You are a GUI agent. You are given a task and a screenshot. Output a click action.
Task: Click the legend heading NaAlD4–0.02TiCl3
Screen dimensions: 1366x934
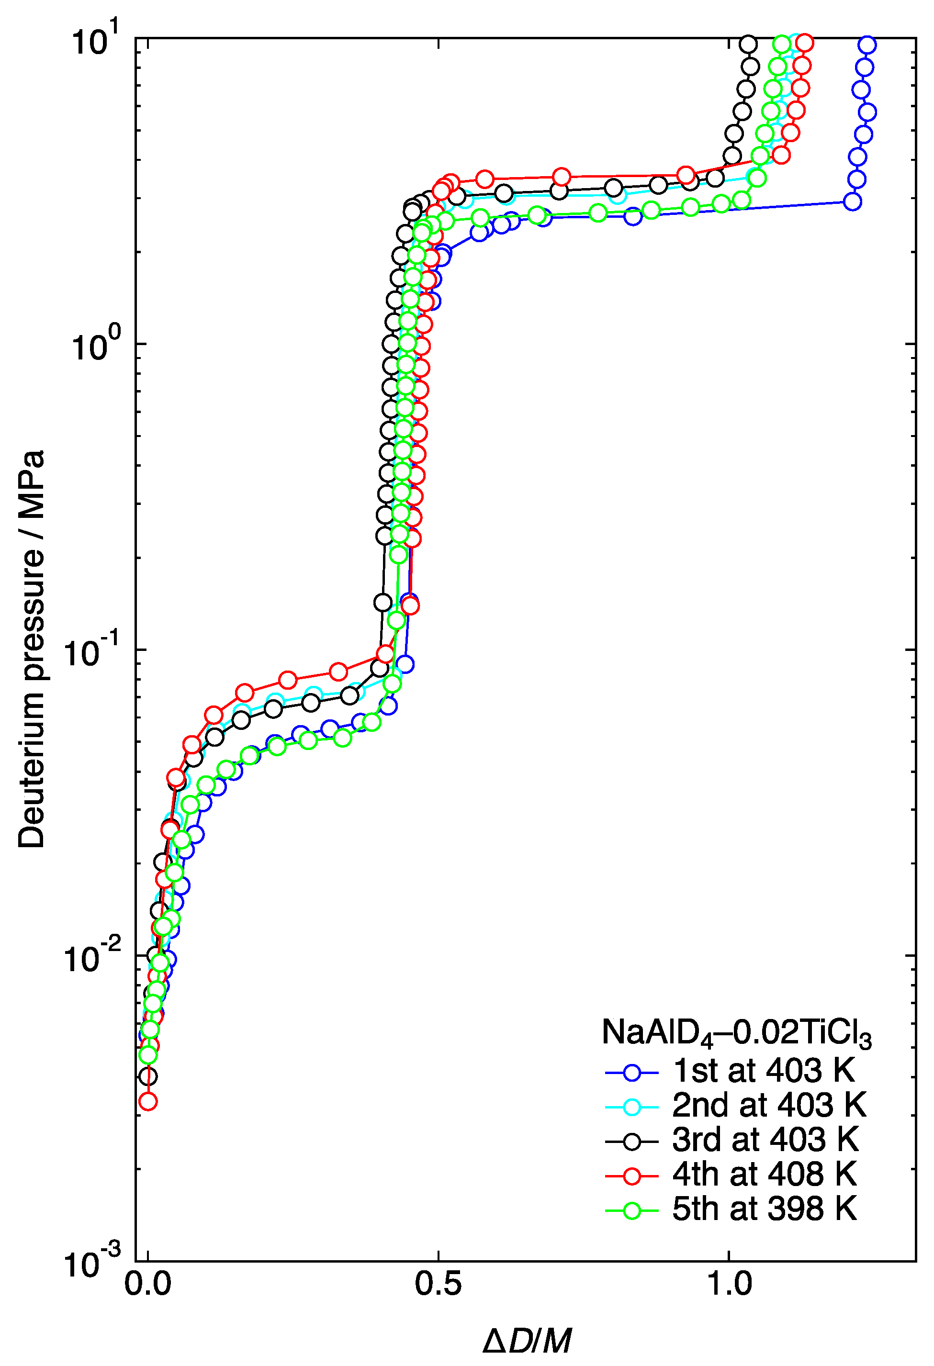[x=736, y=1033]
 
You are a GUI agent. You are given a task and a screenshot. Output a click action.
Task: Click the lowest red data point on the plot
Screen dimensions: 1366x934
[x=147, y=1101]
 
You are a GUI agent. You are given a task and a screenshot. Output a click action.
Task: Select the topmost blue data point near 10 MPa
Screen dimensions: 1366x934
[x=866, y=45]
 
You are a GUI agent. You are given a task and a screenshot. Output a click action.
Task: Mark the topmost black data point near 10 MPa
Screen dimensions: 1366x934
[x=748, y=44]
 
